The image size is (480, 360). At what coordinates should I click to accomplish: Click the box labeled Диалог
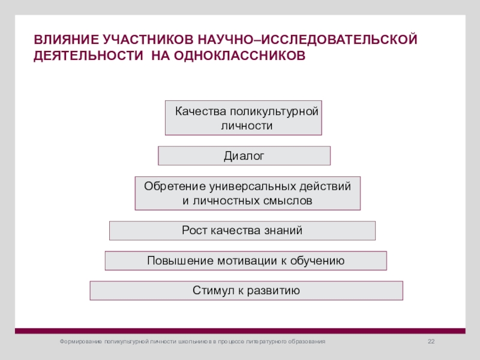[x=244, y=156]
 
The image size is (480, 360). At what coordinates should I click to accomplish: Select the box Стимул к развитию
[x=246, y=290]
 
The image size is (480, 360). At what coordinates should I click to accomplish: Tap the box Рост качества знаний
[x=242, y=230]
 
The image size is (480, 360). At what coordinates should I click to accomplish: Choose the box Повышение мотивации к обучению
[x=245, y=260]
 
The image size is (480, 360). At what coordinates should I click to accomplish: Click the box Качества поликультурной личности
[x=244, y=118]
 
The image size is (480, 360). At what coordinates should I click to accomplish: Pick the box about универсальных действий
[x=247, y=193]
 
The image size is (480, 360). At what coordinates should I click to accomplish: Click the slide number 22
[x=430, y=341]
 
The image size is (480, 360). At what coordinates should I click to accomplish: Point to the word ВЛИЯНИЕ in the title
[x=65, y=40]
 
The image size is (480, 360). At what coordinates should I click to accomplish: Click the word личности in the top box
[x=247, y=126]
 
